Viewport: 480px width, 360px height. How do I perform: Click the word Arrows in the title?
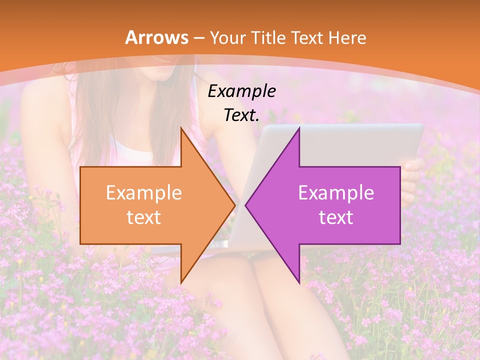(x=156, y=37)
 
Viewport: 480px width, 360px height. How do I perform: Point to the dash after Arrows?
(x=199, y=38)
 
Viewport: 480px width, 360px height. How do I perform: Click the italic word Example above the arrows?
(x=241, y=91)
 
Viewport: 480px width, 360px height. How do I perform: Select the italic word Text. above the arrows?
(x=241, y=115)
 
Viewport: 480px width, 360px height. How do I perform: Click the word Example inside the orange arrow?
(x=143, y=192)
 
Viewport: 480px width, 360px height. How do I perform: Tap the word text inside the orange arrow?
(x=143, y=217)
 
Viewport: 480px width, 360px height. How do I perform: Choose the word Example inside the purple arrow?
(x=336, y=192)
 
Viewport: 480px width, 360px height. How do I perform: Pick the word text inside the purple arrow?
(x=336, y=217)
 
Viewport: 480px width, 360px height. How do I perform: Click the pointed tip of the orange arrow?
(x=234, y=205)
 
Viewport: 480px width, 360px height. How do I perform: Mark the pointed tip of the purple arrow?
(x=246, y=205)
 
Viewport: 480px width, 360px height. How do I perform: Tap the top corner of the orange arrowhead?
(x=181, y=128)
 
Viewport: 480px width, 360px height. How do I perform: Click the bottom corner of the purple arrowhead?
(x=299, y=283)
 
